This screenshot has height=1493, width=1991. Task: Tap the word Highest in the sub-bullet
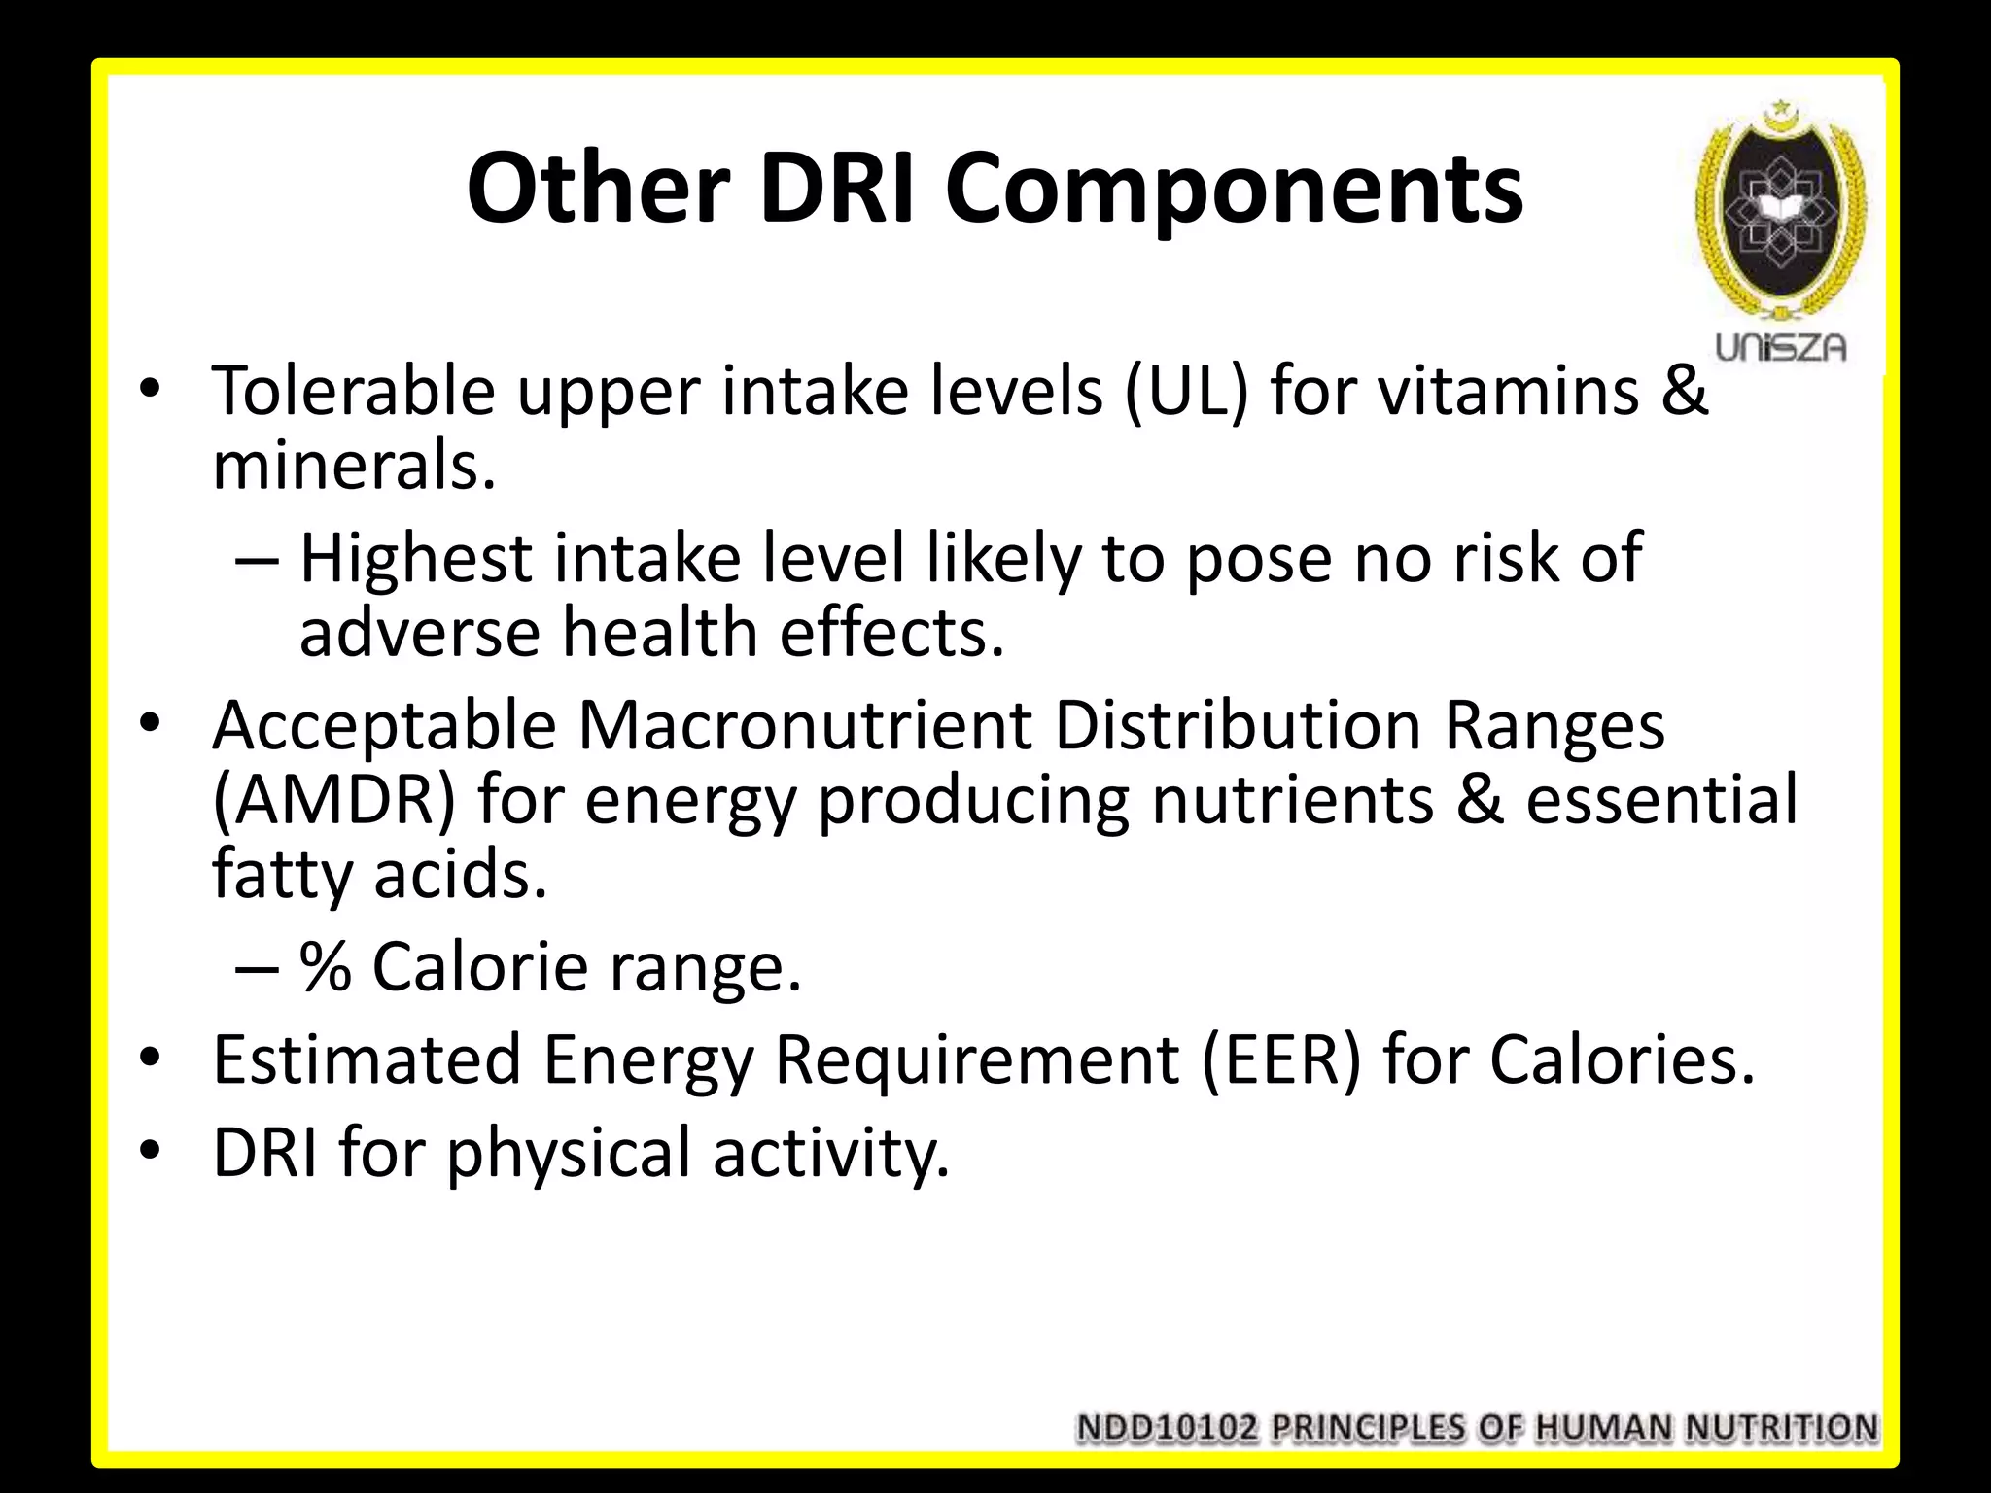coord(416,559)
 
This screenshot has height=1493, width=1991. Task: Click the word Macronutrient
coord(805,726)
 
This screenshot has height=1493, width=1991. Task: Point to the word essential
coord(1660,800)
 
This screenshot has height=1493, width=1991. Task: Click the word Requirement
coord(976,1059)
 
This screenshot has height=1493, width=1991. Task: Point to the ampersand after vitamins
coord(1683,391)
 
